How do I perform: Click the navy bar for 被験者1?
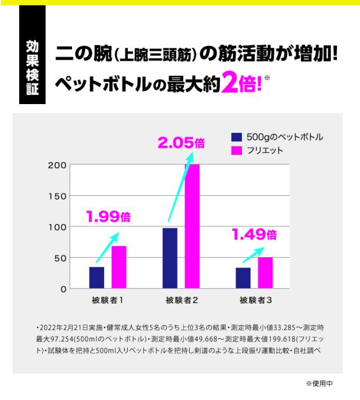coord(97,277)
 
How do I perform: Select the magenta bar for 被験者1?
coord(118,267)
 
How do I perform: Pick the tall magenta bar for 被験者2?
coord(192,226)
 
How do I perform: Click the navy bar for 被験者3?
coord(243,278)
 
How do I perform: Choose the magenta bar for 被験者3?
coord(265,273)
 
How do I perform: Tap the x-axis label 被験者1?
coord(107,300)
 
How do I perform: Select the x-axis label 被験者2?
coord(181,300)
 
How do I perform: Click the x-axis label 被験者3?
coord(254,300)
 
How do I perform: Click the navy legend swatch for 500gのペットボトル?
coord(236,137)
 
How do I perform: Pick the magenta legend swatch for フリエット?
coord(236,151)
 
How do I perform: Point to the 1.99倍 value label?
coord(108,217)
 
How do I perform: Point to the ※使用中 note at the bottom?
coord(319,383)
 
